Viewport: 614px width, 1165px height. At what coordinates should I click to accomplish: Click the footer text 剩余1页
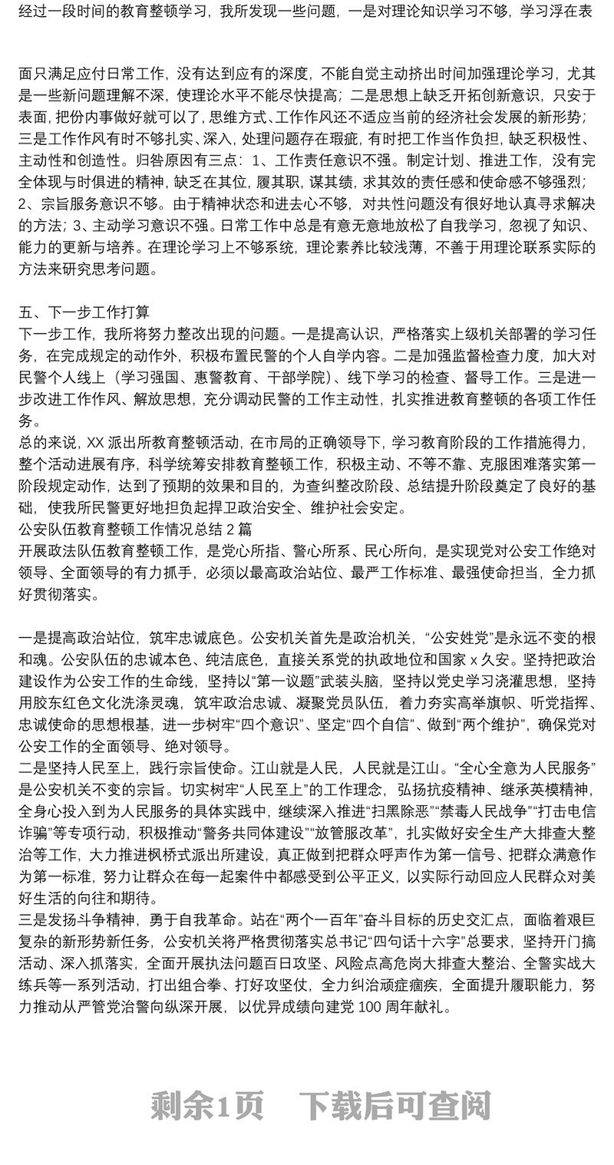pos(207,1106)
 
